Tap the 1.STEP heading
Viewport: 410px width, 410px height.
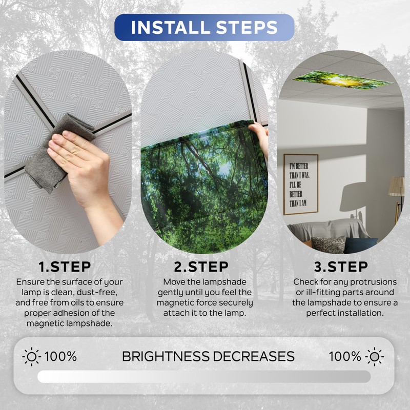pyautogui.click(x=65, y=267)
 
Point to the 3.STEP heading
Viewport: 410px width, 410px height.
pyautogui.click(x=341, y=267)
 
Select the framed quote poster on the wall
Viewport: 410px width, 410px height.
pyautogui.click(x=301, y=184)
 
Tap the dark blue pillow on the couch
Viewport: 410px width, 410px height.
pyautogui.click(x=359, y=245)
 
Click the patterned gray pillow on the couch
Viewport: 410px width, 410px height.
pyautogui.click(x=328, y=243)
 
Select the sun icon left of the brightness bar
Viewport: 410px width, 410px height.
pyautogui.click(x=32, y=356)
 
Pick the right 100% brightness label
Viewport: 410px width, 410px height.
pyautogui.click(x=345, y=356)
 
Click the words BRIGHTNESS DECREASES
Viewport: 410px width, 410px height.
pyautogui.click(x=208, y=356)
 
